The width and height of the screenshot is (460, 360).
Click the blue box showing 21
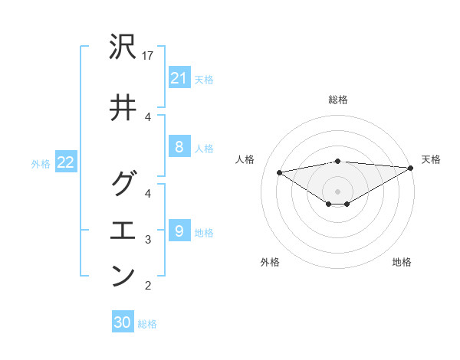click(x=179, y=78)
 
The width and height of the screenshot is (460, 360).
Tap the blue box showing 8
click(x=179, y=148)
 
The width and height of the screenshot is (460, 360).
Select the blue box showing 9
click(x=179, y=231)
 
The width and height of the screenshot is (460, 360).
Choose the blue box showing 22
click(x=66, y=162)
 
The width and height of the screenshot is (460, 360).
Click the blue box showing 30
click(x=123, y=322)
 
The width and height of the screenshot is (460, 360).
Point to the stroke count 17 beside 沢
click(x=149, y=56)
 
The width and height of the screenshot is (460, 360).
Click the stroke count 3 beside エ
click(x=149, y=240)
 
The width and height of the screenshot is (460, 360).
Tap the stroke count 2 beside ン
click(x=149, y=286)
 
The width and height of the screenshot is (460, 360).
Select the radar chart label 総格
click(x=338, y=100)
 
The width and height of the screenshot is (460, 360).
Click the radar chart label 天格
click(x=431, y=159)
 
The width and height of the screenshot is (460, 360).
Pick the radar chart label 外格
click(x=270, y=262)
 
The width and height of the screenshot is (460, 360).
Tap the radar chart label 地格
click(x=402, y=262)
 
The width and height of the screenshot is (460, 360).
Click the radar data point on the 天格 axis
click(x=412, y=168)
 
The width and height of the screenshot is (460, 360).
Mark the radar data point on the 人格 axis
click(x=280, y=172)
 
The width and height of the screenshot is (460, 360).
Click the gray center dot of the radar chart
click(x=338, y=191)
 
